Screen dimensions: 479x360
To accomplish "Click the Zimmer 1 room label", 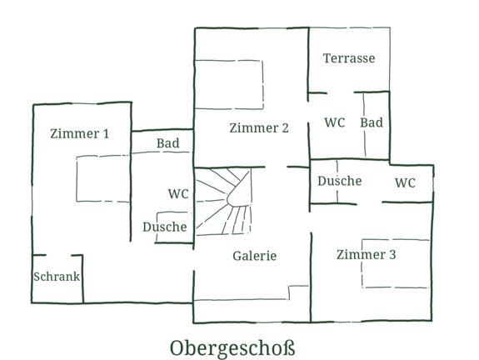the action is [x=79, y=134].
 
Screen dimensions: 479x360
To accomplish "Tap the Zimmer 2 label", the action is [x=259, y=128].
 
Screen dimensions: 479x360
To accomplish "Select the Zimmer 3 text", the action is [x=367, y=254].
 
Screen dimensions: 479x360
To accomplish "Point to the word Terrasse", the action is [x=349, y=58].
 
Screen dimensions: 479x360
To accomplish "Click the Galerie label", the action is [x=254, y=256].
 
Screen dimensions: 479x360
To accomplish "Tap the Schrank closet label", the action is [x=57, y=277].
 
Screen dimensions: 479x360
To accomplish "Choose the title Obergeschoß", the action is [x=232, y=348].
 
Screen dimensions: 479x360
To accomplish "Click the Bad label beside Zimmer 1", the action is [x=168, y=143].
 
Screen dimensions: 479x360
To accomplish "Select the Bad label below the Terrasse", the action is [x=372, y=122].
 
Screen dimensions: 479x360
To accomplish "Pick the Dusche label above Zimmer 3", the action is [x=340, y=181].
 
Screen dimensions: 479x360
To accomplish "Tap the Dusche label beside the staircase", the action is [x=165, y=227].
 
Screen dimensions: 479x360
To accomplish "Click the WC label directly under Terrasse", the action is [x=335, y=122].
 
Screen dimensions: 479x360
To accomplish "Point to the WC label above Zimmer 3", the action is [x=405, y=182].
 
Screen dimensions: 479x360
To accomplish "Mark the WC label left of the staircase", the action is [x=178, y=194].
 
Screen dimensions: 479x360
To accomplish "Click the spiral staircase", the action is [x=224, y=202].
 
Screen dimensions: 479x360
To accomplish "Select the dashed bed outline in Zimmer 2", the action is [x=263, y=85].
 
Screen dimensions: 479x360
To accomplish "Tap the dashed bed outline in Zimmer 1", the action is [x=77, y=179].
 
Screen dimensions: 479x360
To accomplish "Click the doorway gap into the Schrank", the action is [x=58, y=255].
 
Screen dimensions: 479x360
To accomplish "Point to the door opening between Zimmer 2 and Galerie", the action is [x=276, y=167].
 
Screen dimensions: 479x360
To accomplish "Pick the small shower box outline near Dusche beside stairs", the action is [x=157, y=227].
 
